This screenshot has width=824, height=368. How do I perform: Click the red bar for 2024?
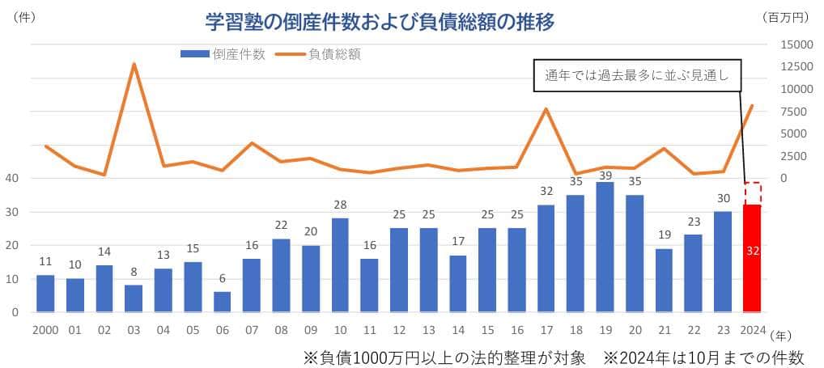(752, 257)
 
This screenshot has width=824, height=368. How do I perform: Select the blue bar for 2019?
(605, 247)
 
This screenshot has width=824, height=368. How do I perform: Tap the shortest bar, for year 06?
(222, 302)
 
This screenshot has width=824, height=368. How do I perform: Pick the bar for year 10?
(340, 265)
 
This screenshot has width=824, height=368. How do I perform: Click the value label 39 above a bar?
(605, 174)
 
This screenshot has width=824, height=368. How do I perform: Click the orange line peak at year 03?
(134, 64)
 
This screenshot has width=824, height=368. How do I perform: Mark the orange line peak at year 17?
(546, 108)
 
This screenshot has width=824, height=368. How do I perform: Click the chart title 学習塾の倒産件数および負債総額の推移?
(379, 23)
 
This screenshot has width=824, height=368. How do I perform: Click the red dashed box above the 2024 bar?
(752, 193)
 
